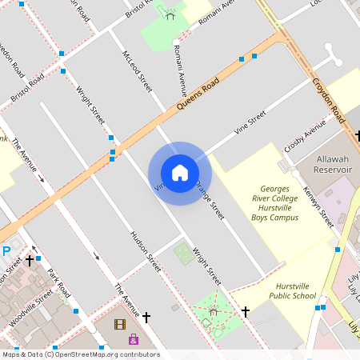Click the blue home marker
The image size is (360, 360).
(180, 173)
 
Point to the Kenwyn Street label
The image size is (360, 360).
(318, 207)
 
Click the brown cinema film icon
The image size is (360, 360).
(120, 324)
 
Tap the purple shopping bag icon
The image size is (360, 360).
(134, 338)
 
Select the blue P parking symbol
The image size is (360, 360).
(6, 251)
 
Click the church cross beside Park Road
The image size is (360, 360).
(30, 260)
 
